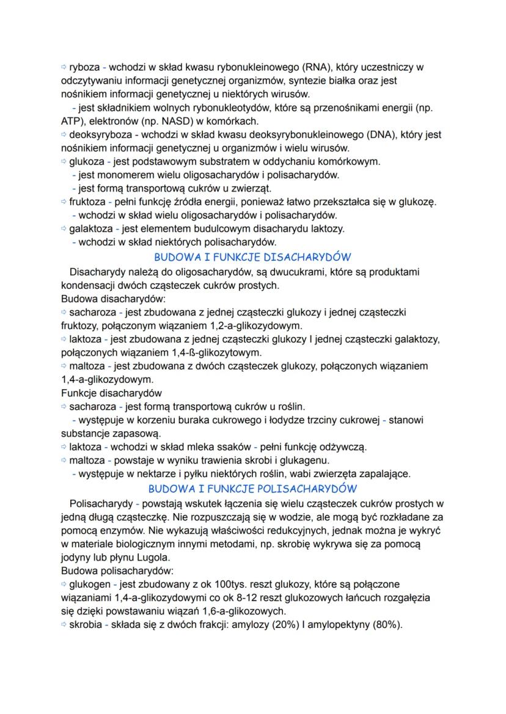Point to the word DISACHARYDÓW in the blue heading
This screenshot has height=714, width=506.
pos(302,257)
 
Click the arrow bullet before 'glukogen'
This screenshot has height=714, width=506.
pos(65,585)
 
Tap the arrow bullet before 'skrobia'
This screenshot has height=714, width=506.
pos(65,625)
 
